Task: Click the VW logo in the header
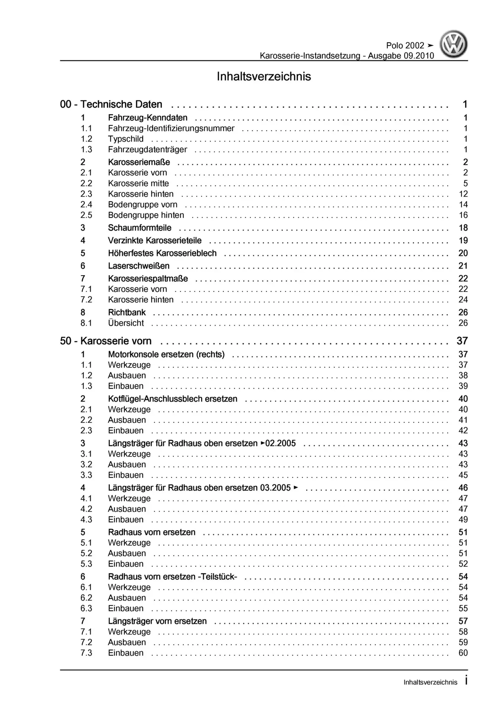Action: (x=453, y=45)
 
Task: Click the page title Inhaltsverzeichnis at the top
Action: (x=264, y=76)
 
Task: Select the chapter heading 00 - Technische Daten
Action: (x=111, y=104)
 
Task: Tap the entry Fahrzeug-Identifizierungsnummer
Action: (x=171, y=128)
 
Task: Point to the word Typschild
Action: (x=126, y=139)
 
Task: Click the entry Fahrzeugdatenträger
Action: (x=147, y=150)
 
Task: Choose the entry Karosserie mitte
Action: (x=138, y=183)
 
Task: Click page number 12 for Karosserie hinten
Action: (x=463, y=194)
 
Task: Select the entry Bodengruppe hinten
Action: (x=146, y=215)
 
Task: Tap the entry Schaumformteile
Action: (x=140, y=228)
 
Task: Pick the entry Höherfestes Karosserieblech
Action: (x=162, y=253)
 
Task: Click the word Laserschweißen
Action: (x=139, y=266)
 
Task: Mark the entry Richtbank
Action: (x=127, y=312)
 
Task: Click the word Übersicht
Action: (x=126, y=323)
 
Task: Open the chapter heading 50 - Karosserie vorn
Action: (x=105, y=341)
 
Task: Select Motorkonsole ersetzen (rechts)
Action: (x=166, y=354)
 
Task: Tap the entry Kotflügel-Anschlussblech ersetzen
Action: (x=172, y=399)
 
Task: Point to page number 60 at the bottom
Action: (x=463, y=653)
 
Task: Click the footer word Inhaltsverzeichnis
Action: (x=430, y=682)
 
